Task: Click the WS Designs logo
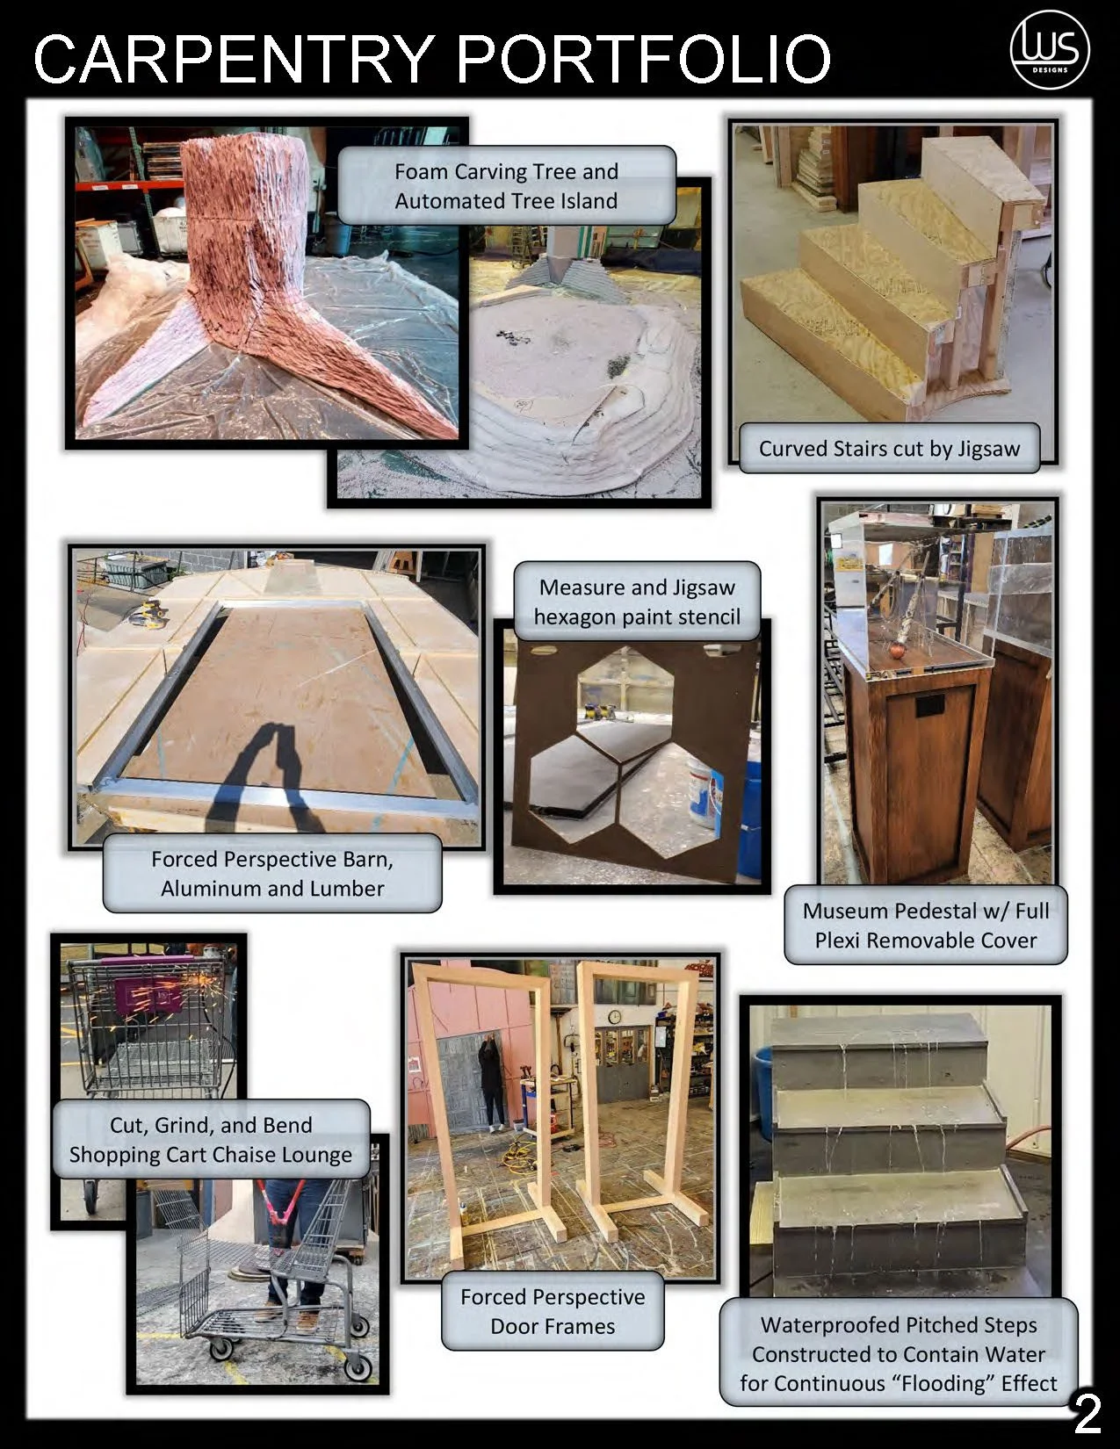coord(1050,51)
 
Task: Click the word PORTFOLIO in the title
coord(644,59)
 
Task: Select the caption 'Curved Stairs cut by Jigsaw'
coord(889,448)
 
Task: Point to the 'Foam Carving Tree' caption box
coord(506,185)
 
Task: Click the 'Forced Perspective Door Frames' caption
coord(553,1311)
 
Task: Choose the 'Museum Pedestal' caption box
coord(925,925)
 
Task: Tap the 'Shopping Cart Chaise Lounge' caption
coord(211,1139)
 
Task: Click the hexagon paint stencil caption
coord(637,601)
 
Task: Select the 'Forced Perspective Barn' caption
coord(272,873)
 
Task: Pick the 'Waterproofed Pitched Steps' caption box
coord(899,1353)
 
